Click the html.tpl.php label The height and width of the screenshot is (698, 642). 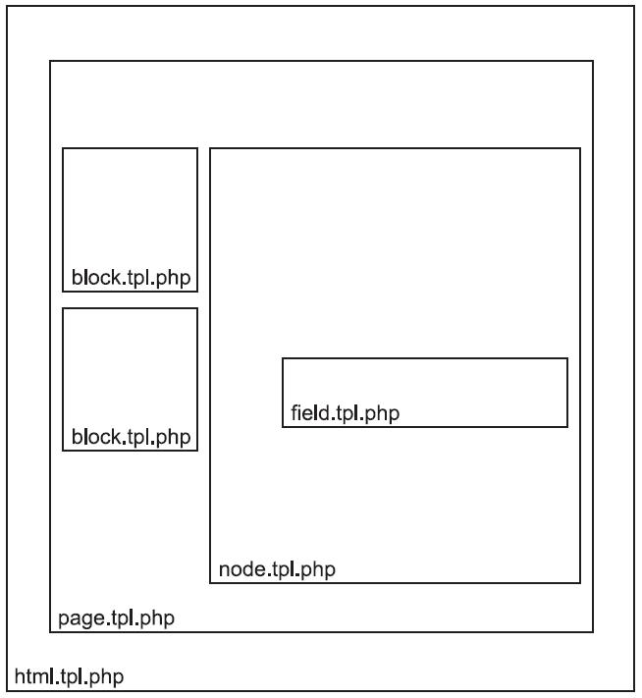point(69,677)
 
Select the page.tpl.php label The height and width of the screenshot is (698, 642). point(116,618)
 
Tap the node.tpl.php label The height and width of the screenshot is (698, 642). point(277,569)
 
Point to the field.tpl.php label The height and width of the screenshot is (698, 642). point(345,412)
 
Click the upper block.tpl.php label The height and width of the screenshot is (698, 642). point(131,277)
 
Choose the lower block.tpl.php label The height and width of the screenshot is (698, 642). point(131,437)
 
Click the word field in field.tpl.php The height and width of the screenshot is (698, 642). point(310,412)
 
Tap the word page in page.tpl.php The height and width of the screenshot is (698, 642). point(81,619)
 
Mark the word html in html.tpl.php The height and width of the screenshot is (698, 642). point(34,676)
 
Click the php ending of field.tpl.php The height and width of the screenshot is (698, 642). point(382,413)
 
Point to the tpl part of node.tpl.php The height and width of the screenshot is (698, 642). point(283,570)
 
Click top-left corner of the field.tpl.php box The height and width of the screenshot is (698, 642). point(283,358)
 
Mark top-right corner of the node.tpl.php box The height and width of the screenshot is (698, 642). point(580,148)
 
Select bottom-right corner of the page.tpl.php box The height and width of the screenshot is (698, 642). point(593,631)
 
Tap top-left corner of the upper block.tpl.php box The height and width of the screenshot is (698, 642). point(63,148)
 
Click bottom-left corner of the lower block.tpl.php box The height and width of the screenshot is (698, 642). point(63,451)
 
